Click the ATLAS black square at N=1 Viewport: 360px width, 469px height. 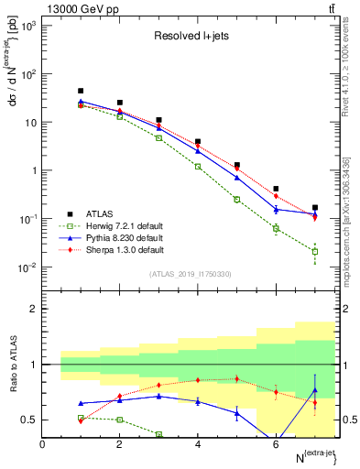pos(81,92)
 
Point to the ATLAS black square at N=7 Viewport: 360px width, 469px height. pos(315,208)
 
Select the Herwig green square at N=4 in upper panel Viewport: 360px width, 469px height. pos(198,167)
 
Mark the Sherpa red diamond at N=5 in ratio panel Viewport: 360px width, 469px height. pos(237,378)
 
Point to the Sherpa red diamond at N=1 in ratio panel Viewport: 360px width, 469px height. pos(81,420)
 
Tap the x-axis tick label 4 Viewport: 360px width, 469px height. pos(198,444)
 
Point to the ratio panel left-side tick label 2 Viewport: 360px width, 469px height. pos(33,310)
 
